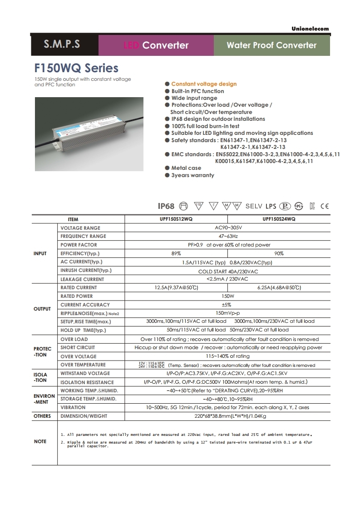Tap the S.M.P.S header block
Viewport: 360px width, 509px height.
click(62, 44)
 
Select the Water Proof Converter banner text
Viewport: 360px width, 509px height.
click(271, 45)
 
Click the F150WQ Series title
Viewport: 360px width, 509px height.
click(76, 68)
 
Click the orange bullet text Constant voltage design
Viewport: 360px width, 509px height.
click(204, 84)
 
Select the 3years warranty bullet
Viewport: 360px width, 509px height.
click(192, 175)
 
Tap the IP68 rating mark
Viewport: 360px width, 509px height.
click(166, 206)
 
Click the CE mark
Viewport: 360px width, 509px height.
click(325, 206)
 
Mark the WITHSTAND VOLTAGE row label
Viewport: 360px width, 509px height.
click(85, 374)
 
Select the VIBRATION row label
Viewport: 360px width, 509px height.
click(73, 408)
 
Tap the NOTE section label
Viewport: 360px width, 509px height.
click(40, 441)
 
